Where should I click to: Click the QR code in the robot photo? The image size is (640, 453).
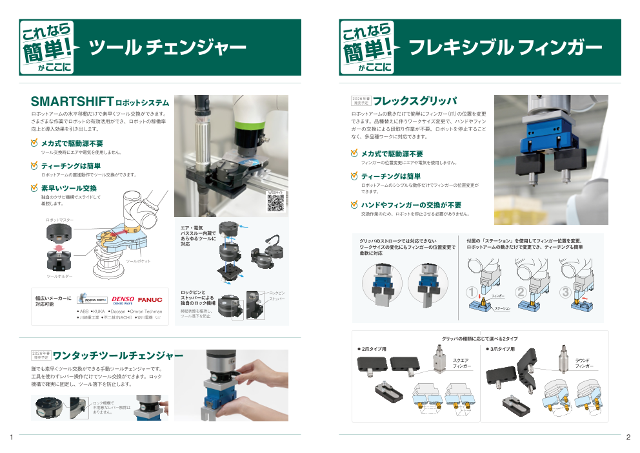tap(275, 203)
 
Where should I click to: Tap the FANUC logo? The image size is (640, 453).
tap(150, 300)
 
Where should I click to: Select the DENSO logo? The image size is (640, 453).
tap(123, 300)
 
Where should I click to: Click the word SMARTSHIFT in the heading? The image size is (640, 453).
tap(72, 102)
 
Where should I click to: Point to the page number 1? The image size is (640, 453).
tap(12, 438)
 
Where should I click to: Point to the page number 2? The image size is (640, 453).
tap(628, 438)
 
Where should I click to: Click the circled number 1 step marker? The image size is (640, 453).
tap(472, 293)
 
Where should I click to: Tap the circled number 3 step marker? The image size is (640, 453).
tap(566, 293)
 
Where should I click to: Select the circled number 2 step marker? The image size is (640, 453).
tap(520, 293)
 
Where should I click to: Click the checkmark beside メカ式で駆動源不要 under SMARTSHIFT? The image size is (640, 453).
tap(35, 143)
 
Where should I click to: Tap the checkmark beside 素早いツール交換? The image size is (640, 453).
tap(35, 188)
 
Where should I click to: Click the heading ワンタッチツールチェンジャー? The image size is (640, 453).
tap(118, 356)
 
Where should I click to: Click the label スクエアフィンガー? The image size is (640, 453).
tap(462, 363)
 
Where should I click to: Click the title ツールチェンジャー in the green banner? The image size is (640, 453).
tap(167, 48)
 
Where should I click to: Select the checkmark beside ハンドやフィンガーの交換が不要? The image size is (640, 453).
tap(354, 205)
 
